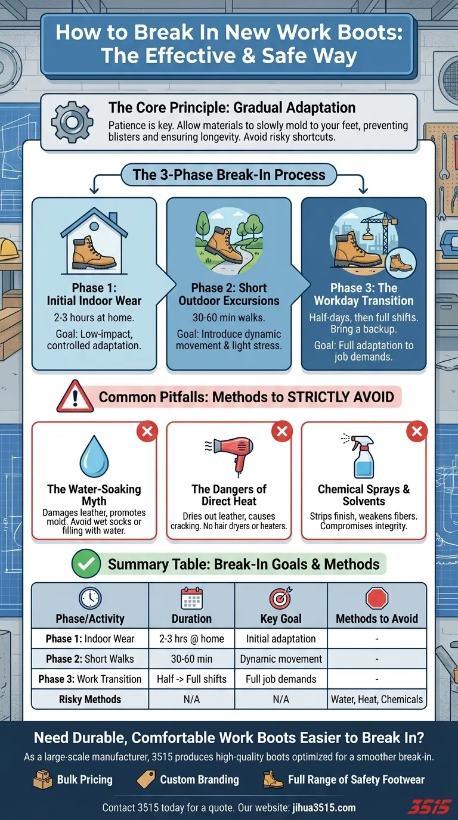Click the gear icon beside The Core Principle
point(72,122)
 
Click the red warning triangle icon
point(75,397)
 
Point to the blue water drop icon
point(94,456)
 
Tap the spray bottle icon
point(360,456)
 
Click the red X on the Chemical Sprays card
point(417,431)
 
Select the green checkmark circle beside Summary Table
point(86,564)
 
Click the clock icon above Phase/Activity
point(90,598)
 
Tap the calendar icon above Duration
point(191,598)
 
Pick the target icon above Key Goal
point(281,598)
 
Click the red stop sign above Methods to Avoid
point(377,598)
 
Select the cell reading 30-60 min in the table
point(191,659)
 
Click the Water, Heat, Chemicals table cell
point(377,699)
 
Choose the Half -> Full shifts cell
point(191,679)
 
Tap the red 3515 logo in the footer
point(430,807)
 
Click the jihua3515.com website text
point(324,807)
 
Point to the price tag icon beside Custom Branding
point(146,779)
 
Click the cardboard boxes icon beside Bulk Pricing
point(43,779)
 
